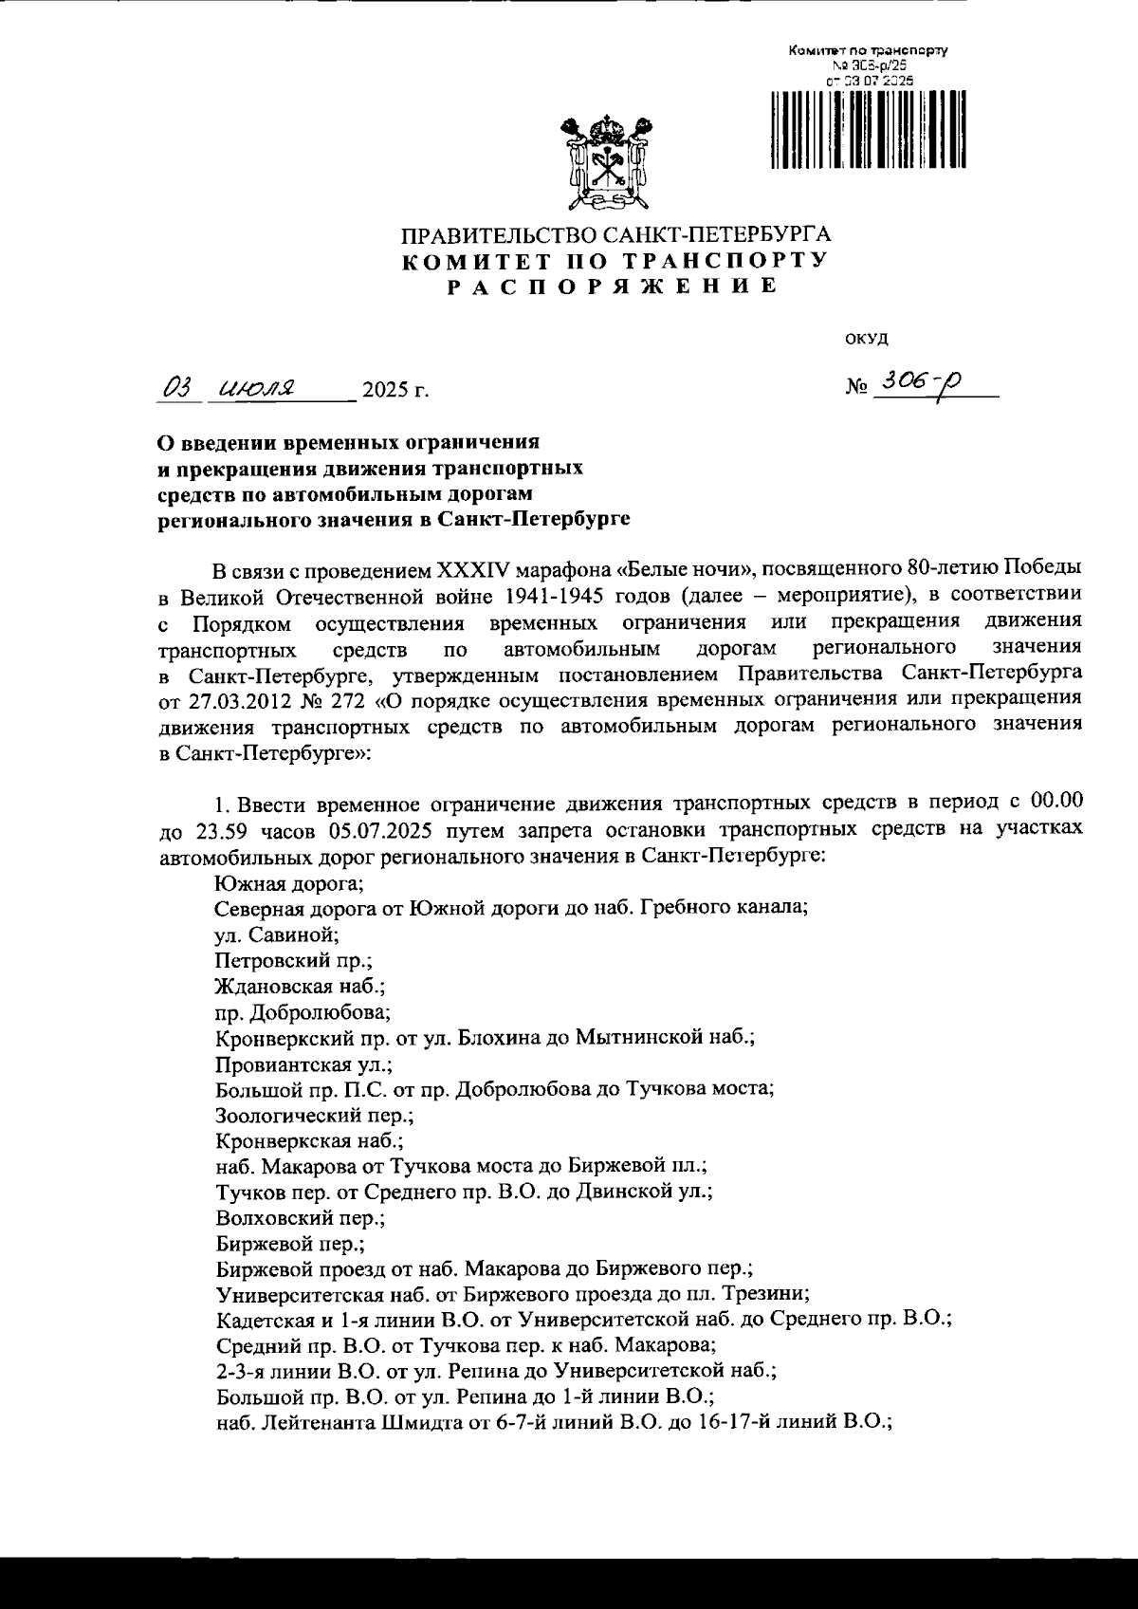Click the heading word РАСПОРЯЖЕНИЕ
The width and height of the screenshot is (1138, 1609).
[x=613, y=287]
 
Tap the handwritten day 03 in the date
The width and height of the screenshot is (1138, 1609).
[x=178, y=388]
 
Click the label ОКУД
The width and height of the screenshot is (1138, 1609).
[x=865, y=339]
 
